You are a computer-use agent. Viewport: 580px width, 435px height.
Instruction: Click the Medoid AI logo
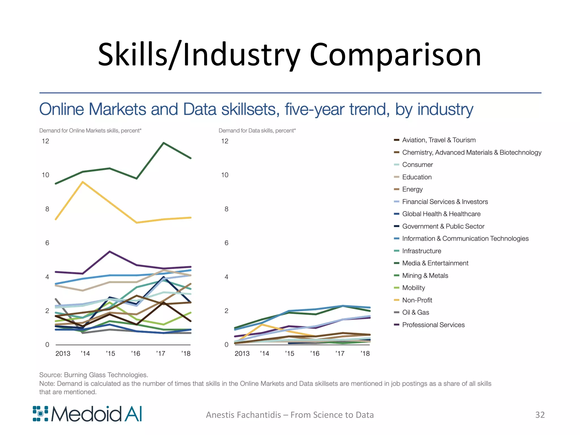pyautogui.click(x=87, y=414)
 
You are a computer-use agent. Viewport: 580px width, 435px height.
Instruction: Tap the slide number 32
pyautogui.click(x=540, y=415)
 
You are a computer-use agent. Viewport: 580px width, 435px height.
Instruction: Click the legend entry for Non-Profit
pyautogui.click(x=417, y=300)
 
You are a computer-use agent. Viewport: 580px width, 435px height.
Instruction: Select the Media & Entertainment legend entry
pyautogui.click(x=435, y=263)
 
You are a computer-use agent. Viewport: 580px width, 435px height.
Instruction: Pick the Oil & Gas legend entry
pyautogui.click(x=415, y=312)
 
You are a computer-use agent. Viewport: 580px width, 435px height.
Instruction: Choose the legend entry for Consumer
pyautogui.click(x=417, y=165)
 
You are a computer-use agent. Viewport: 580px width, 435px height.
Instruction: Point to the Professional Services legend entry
pyautogui.click(x=433, y=325)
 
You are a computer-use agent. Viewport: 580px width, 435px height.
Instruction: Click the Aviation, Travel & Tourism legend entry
pyautogui.click(x=438, y=140)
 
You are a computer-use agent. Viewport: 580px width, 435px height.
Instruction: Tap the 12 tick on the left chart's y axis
pyautogui.click(x=45, y=141)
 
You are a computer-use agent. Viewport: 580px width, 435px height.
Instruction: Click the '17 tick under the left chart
pyautogui.click(x=161, y=353)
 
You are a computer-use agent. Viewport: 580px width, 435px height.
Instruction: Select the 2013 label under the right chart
pyautogui.click(x=242, y=353)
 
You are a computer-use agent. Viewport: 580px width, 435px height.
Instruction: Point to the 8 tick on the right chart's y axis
pyautogui.click(x=226, y=209)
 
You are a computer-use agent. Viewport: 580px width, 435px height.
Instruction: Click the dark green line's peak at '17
pyautogui.click(x=164, y=143)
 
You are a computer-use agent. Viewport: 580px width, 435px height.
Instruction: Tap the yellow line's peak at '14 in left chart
pyautogui.click(x=82, y=182)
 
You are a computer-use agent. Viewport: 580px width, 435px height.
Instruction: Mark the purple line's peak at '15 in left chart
pyautogui.click(x=110, y=251)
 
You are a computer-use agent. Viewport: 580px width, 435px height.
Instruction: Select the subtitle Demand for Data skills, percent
pyautogui.click(x=257, y=131)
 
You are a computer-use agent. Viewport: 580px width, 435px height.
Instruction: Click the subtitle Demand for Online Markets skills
pyautogui.click(x=90, y=131)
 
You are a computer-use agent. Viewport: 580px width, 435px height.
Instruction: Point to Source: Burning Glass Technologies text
pyautogui.click(x=93, y=375)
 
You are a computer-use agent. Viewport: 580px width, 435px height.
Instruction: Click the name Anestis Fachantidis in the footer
pyautogui.click(x=243, y=415)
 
